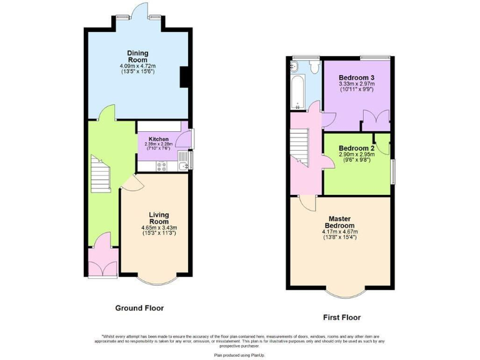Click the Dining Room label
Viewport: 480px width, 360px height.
[x=137, y=56]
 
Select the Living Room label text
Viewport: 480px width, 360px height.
[x=159, y=218]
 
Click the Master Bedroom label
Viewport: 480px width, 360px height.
[x=340, y=222]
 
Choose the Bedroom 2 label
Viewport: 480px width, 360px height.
[x=356, y=148]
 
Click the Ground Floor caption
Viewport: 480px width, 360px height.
[x=139, y=308]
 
